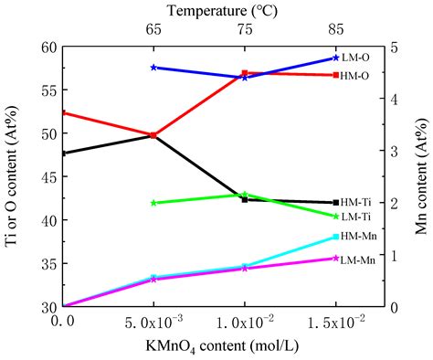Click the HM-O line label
point(355,76)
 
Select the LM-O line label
point(355,57)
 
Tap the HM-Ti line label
point(355,202)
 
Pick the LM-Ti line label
point(355,217)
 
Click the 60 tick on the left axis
point(47,47)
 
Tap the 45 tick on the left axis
point(47,177)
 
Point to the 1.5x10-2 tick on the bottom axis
point(336,323)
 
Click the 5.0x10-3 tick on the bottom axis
point(153,323)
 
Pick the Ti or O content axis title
point(13,176)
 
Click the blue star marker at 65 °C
point(153,68)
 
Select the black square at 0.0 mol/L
point(63,153)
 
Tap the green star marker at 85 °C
point(336,216)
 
